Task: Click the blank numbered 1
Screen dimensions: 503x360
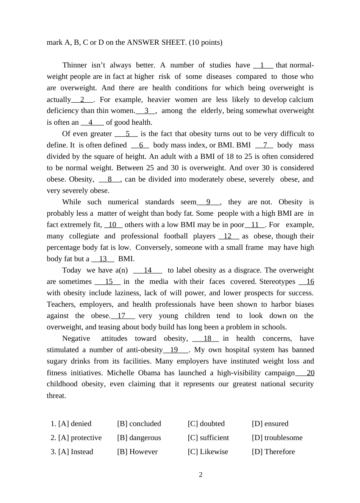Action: click(263, 65)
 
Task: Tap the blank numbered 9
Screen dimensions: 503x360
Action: click(208, 202)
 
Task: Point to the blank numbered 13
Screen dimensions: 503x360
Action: click(103, 259)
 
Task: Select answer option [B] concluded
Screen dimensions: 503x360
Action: click(139, 424)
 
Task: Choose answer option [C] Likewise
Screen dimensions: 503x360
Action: click(208, 452)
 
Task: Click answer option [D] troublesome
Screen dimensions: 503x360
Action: click(277, 438)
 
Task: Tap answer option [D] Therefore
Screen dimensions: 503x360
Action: click(273, 452)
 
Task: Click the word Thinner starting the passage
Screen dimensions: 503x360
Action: click(75, 65)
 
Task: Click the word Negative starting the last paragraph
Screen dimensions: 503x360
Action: click(76, 338)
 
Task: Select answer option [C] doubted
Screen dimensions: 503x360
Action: click(206, 424)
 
